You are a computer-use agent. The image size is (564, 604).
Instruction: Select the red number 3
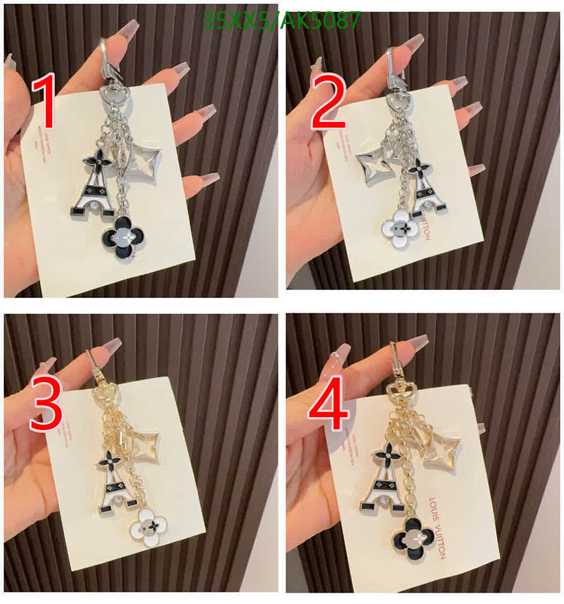tap(46, 403)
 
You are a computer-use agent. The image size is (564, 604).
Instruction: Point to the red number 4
tap(328, 403)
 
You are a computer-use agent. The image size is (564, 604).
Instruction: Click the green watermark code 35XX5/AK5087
tap(281, 21)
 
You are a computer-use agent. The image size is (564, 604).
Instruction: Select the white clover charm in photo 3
tap(148, 527)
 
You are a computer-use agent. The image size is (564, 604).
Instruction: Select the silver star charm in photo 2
tap(373, 166)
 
